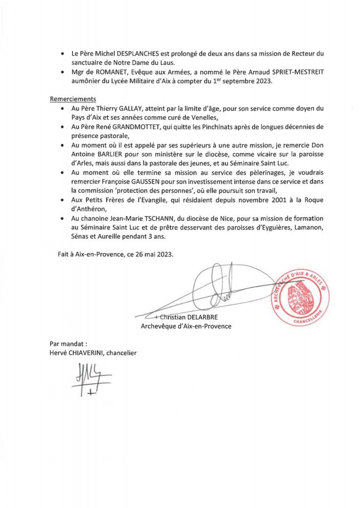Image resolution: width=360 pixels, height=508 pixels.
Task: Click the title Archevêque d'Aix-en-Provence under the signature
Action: [x=186, y=326]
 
